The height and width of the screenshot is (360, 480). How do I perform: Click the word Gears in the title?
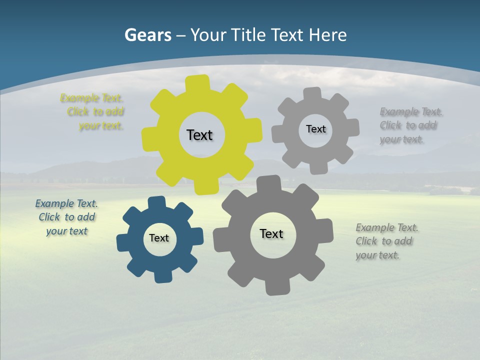[148, 35]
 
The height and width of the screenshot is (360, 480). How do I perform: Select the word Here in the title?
[327, 35]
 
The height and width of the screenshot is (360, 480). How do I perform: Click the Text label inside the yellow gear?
[199, 135]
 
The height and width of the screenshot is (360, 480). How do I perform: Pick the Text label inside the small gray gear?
[315, 129]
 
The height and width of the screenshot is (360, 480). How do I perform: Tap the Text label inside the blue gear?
[159, 238]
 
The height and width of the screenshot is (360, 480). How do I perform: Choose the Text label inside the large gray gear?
[271, 233]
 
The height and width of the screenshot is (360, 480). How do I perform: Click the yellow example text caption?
[93, 112]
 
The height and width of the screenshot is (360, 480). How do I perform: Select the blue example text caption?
[67, 217]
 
